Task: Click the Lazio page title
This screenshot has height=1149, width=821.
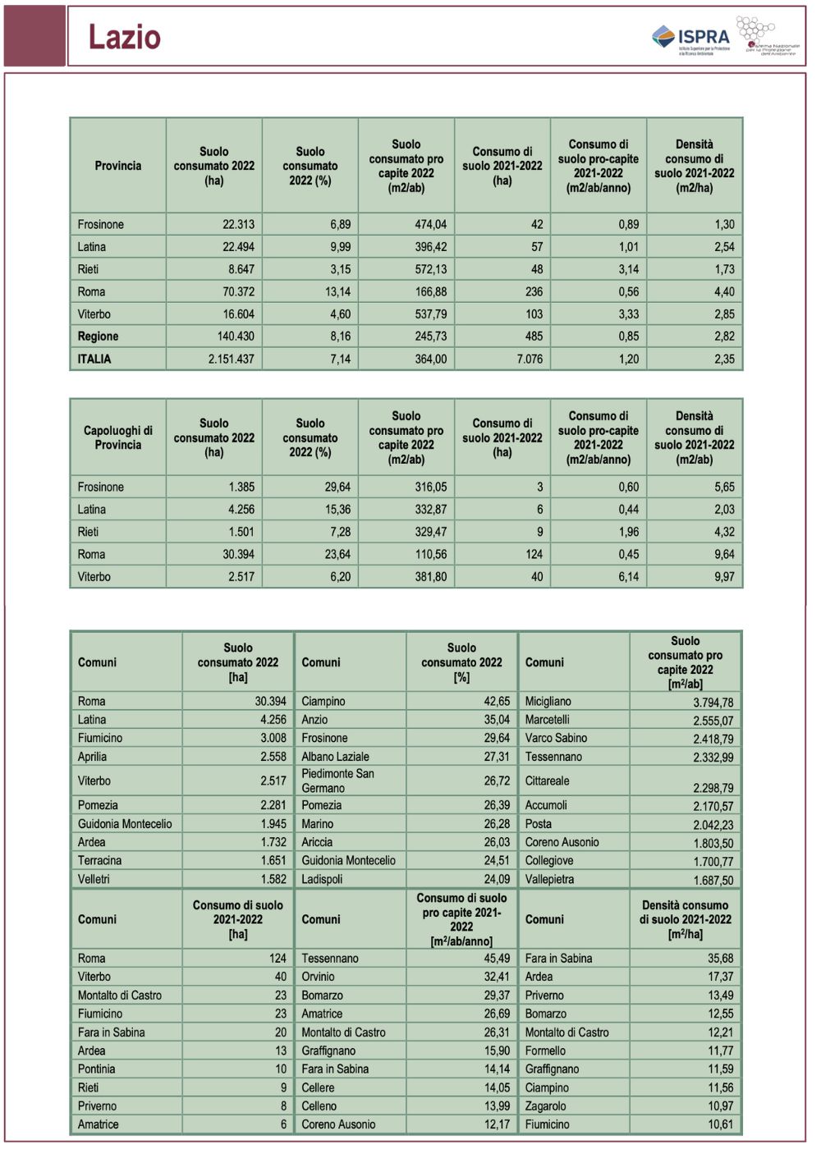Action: pyautogui.click(x=125, y=37)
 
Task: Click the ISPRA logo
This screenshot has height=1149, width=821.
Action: pyautogui.click(x=691, y=38)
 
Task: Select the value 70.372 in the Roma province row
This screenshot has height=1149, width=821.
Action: pyautogui.click(x=238, y=292)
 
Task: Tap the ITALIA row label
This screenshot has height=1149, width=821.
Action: pyautogui.click(x=94, y=359)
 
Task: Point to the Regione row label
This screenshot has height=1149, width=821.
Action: pyautogui.click(x=98, y=336)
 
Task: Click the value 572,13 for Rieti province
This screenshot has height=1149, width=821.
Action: pyautogui.click(x=430, y=269)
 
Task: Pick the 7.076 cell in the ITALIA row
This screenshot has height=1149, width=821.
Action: pyautogui.click(x=529, y=359)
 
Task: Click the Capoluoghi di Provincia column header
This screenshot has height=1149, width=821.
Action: pyautogui.click(x=117, y=437)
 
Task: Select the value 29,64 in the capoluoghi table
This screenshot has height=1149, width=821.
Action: pyautogui.click(x=337, y=488)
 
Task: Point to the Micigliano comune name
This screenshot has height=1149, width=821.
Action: pyautogui.click(x=548, y=702)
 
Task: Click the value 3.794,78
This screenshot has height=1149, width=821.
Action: pyautogui.click(x=713, y=703)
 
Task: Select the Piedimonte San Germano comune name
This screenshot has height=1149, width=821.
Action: pyautogui.click(x=337, y=780)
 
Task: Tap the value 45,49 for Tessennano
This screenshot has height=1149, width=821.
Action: pyautogui.click(x=497, y=959)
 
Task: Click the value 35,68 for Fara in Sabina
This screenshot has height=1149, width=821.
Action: pyautogui.click(x=720, y=959)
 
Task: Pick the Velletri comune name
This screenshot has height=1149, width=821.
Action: pyautogui.click(x=94, y=879)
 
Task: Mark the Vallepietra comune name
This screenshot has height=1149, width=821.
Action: pyautogui.click(x=549, y=879)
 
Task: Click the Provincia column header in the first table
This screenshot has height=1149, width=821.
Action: pyautogui.click(x=117, y=166)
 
